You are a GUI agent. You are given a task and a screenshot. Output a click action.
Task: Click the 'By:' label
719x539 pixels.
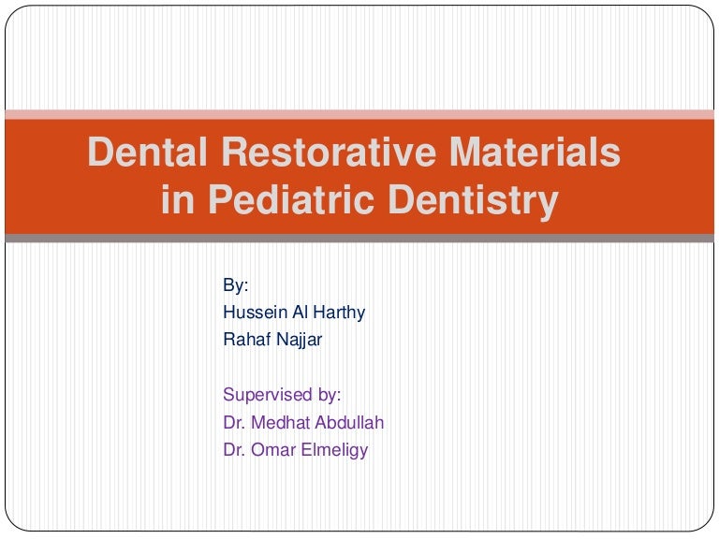click(236, 285)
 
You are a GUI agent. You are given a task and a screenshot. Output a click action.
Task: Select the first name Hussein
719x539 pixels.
click(252, 313)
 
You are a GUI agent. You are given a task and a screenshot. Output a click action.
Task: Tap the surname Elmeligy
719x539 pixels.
click(334, 449)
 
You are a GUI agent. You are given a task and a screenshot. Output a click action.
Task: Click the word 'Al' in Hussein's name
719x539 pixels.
click(295, 313)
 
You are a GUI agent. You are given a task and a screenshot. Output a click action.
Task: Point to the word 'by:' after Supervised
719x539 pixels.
click(329, 395)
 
